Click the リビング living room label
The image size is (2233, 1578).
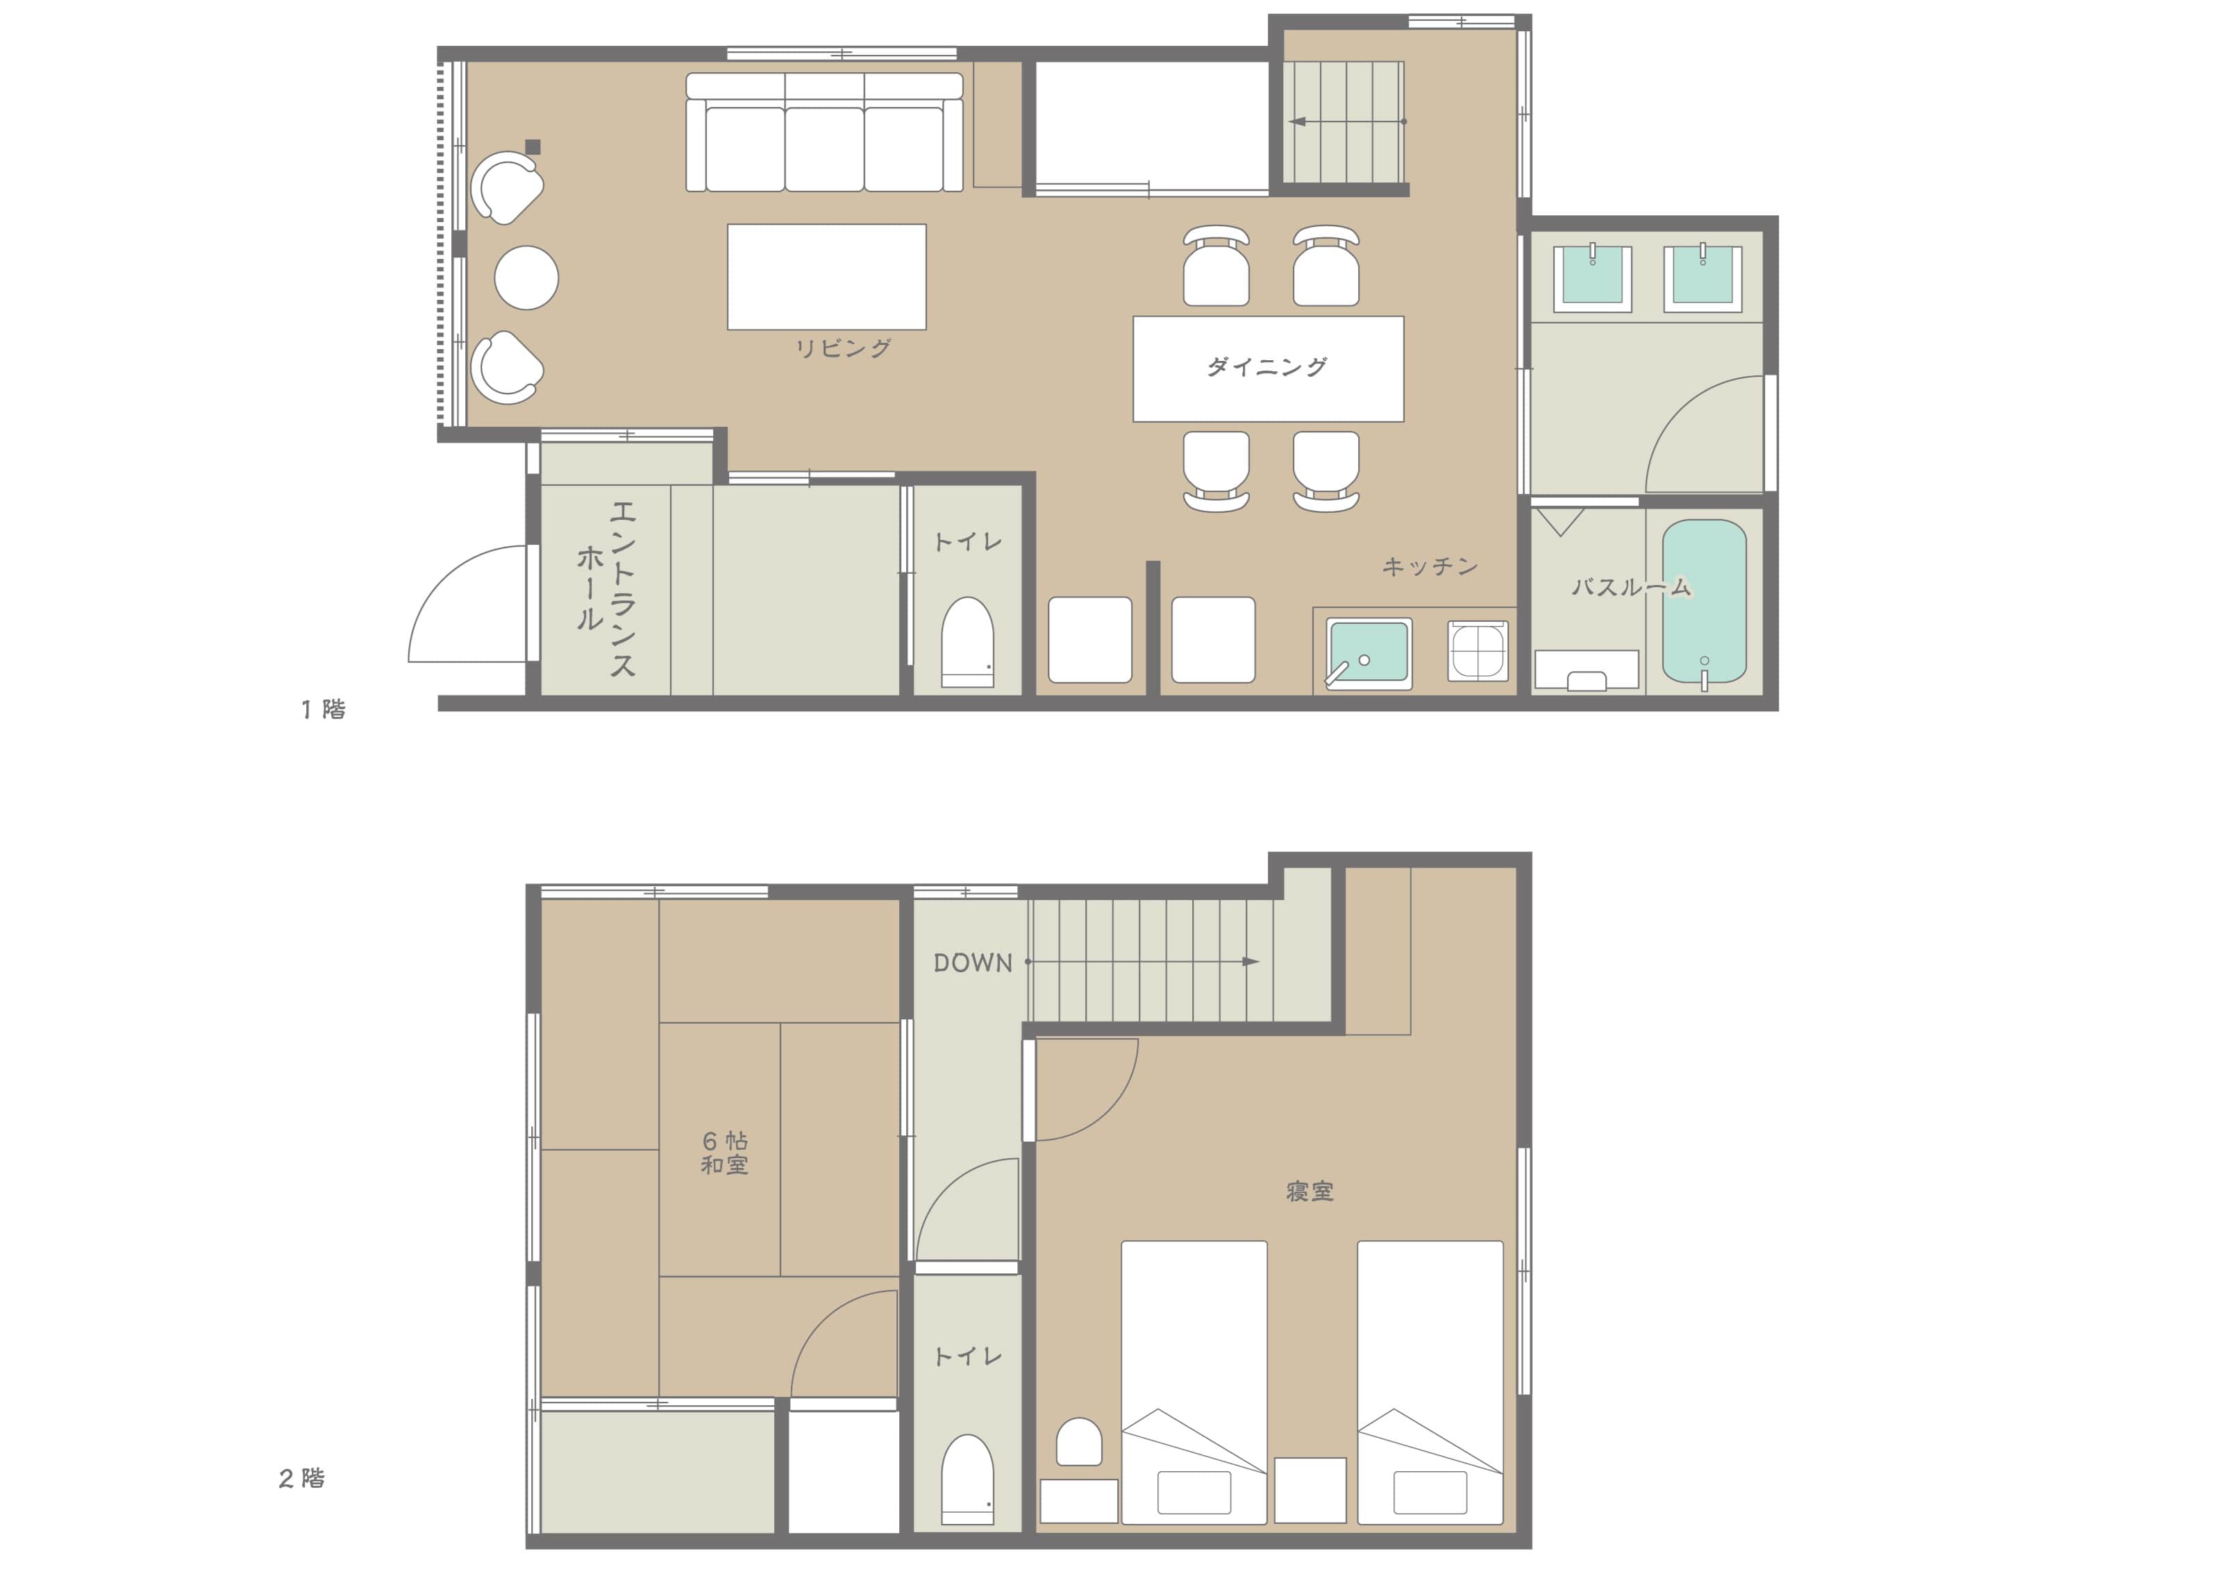(842, 348)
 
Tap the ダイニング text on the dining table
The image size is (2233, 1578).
(1267, 366)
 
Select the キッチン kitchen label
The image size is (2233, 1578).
(1430, 566)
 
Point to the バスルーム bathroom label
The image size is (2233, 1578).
(1631, 586)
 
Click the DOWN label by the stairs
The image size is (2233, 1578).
(973, 962)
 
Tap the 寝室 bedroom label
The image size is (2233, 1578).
(1309, 1191)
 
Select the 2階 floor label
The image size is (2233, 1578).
(301, 1478)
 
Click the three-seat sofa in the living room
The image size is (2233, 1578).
(825, 133)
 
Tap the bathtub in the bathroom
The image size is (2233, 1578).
(1704, 601)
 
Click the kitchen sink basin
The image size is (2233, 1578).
(1369, 652)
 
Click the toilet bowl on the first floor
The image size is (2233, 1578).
(968, 642)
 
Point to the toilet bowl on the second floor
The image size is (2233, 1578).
(968, 1479)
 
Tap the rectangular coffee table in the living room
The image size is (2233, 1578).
(827, 277)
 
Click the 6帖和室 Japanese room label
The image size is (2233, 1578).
(725, 1153)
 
